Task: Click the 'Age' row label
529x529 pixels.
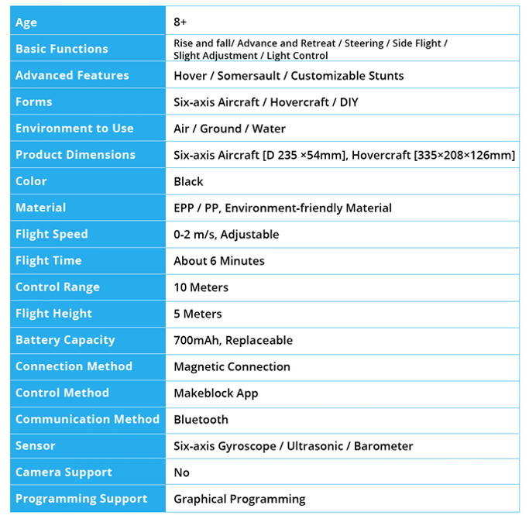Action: pyautogui.click(x=26, y=22)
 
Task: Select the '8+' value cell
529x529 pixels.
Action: pyautogui.click(x=180, y=22)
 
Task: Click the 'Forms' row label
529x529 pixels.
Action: pyautogui.click(x=34, y=102)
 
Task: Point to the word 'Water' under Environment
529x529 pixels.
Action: pyautogui.click(x=269, y=129)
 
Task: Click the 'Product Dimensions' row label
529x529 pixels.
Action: pyautogui.click(x=75, y=155)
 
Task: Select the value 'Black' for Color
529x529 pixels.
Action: pyautogui.click(x=188, y=181)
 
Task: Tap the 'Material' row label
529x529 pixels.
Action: pyautogui.click(x=40, y=208)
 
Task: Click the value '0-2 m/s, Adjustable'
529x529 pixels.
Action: pyautogui.click(x=226, y=234)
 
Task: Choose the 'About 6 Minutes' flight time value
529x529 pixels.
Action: pyautogui.click(x=219, y=261)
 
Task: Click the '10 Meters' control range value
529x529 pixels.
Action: pyautogui.click(x=201, y=287)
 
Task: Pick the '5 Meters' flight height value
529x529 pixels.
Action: pyautogui.click(x=198, y=314)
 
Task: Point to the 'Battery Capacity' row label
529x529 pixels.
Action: pyautogui.click(x=65, y=340)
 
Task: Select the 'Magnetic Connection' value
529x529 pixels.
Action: pyautogui.click(x=232, y=366)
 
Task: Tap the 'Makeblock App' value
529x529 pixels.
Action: pyautogui.click(x=216, y=393)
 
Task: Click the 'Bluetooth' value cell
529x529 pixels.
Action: pyautogui.click(x=201, y=419)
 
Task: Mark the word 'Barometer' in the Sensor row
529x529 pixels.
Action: pyautogui.click(x=383, y=446)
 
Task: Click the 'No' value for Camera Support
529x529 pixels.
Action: pyautogui.click(x=181, y=472)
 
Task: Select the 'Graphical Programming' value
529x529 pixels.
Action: pyautogui.click(x=239, y=499)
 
